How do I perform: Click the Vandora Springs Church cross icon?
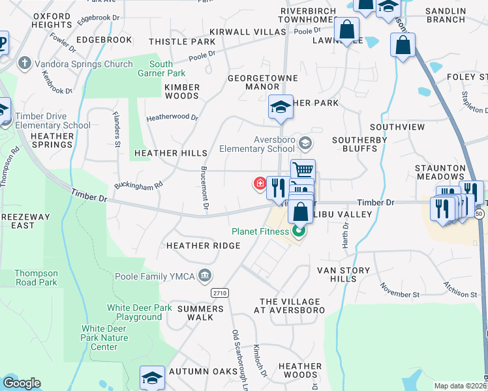point(25,64)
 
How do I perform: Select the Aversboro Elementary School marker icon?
point(304,142)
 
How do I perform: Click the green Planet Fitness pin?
point(299,231)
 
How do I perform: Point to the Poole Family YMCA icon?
point(206,276)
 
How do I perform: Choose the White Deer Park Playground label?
point(135,312)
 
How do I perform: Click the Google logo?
point(22,383)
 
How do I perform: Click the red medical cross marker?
point(260,184)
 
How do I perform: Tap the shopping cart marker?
point(303,170)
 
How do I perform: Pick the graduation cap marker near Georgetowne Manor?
point(281,107)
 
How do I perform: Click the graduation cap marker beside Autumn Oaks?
point(152,377)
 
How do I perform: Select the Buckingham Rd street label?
point(139,181)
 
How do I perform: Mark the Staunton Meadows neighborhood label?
point(440,172)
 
